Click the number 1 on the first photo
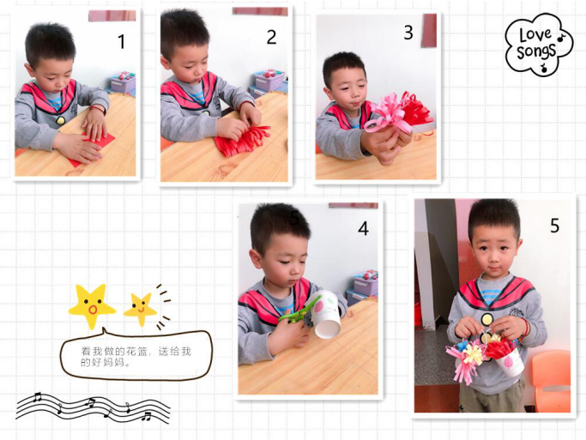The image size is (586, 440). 121,41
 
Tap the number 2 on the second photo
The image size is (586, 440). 271,37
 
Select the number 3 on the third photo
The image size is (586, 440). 408,32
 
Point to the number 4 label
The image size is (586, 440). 363,228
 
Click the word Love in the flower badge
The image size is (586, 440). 535,34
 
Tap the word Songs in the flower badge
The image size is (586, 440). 536,51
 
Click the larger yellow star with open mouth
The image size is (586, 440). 92,306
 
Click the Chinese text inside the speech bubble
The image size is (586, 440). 136,356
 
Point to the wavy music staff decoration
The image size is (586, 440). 93,408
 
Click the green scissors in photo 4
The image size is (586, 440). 299,312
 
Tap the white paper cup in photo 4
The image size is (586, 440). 324,314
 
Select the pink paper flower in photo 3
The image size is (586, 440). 386,113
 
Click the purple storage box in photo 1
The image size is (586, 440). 123,82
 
